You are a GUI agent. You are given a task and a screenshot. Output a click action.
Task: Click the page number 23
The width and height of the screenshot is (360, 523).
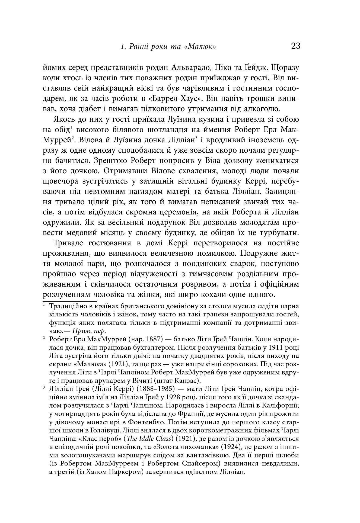(295, 46)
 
